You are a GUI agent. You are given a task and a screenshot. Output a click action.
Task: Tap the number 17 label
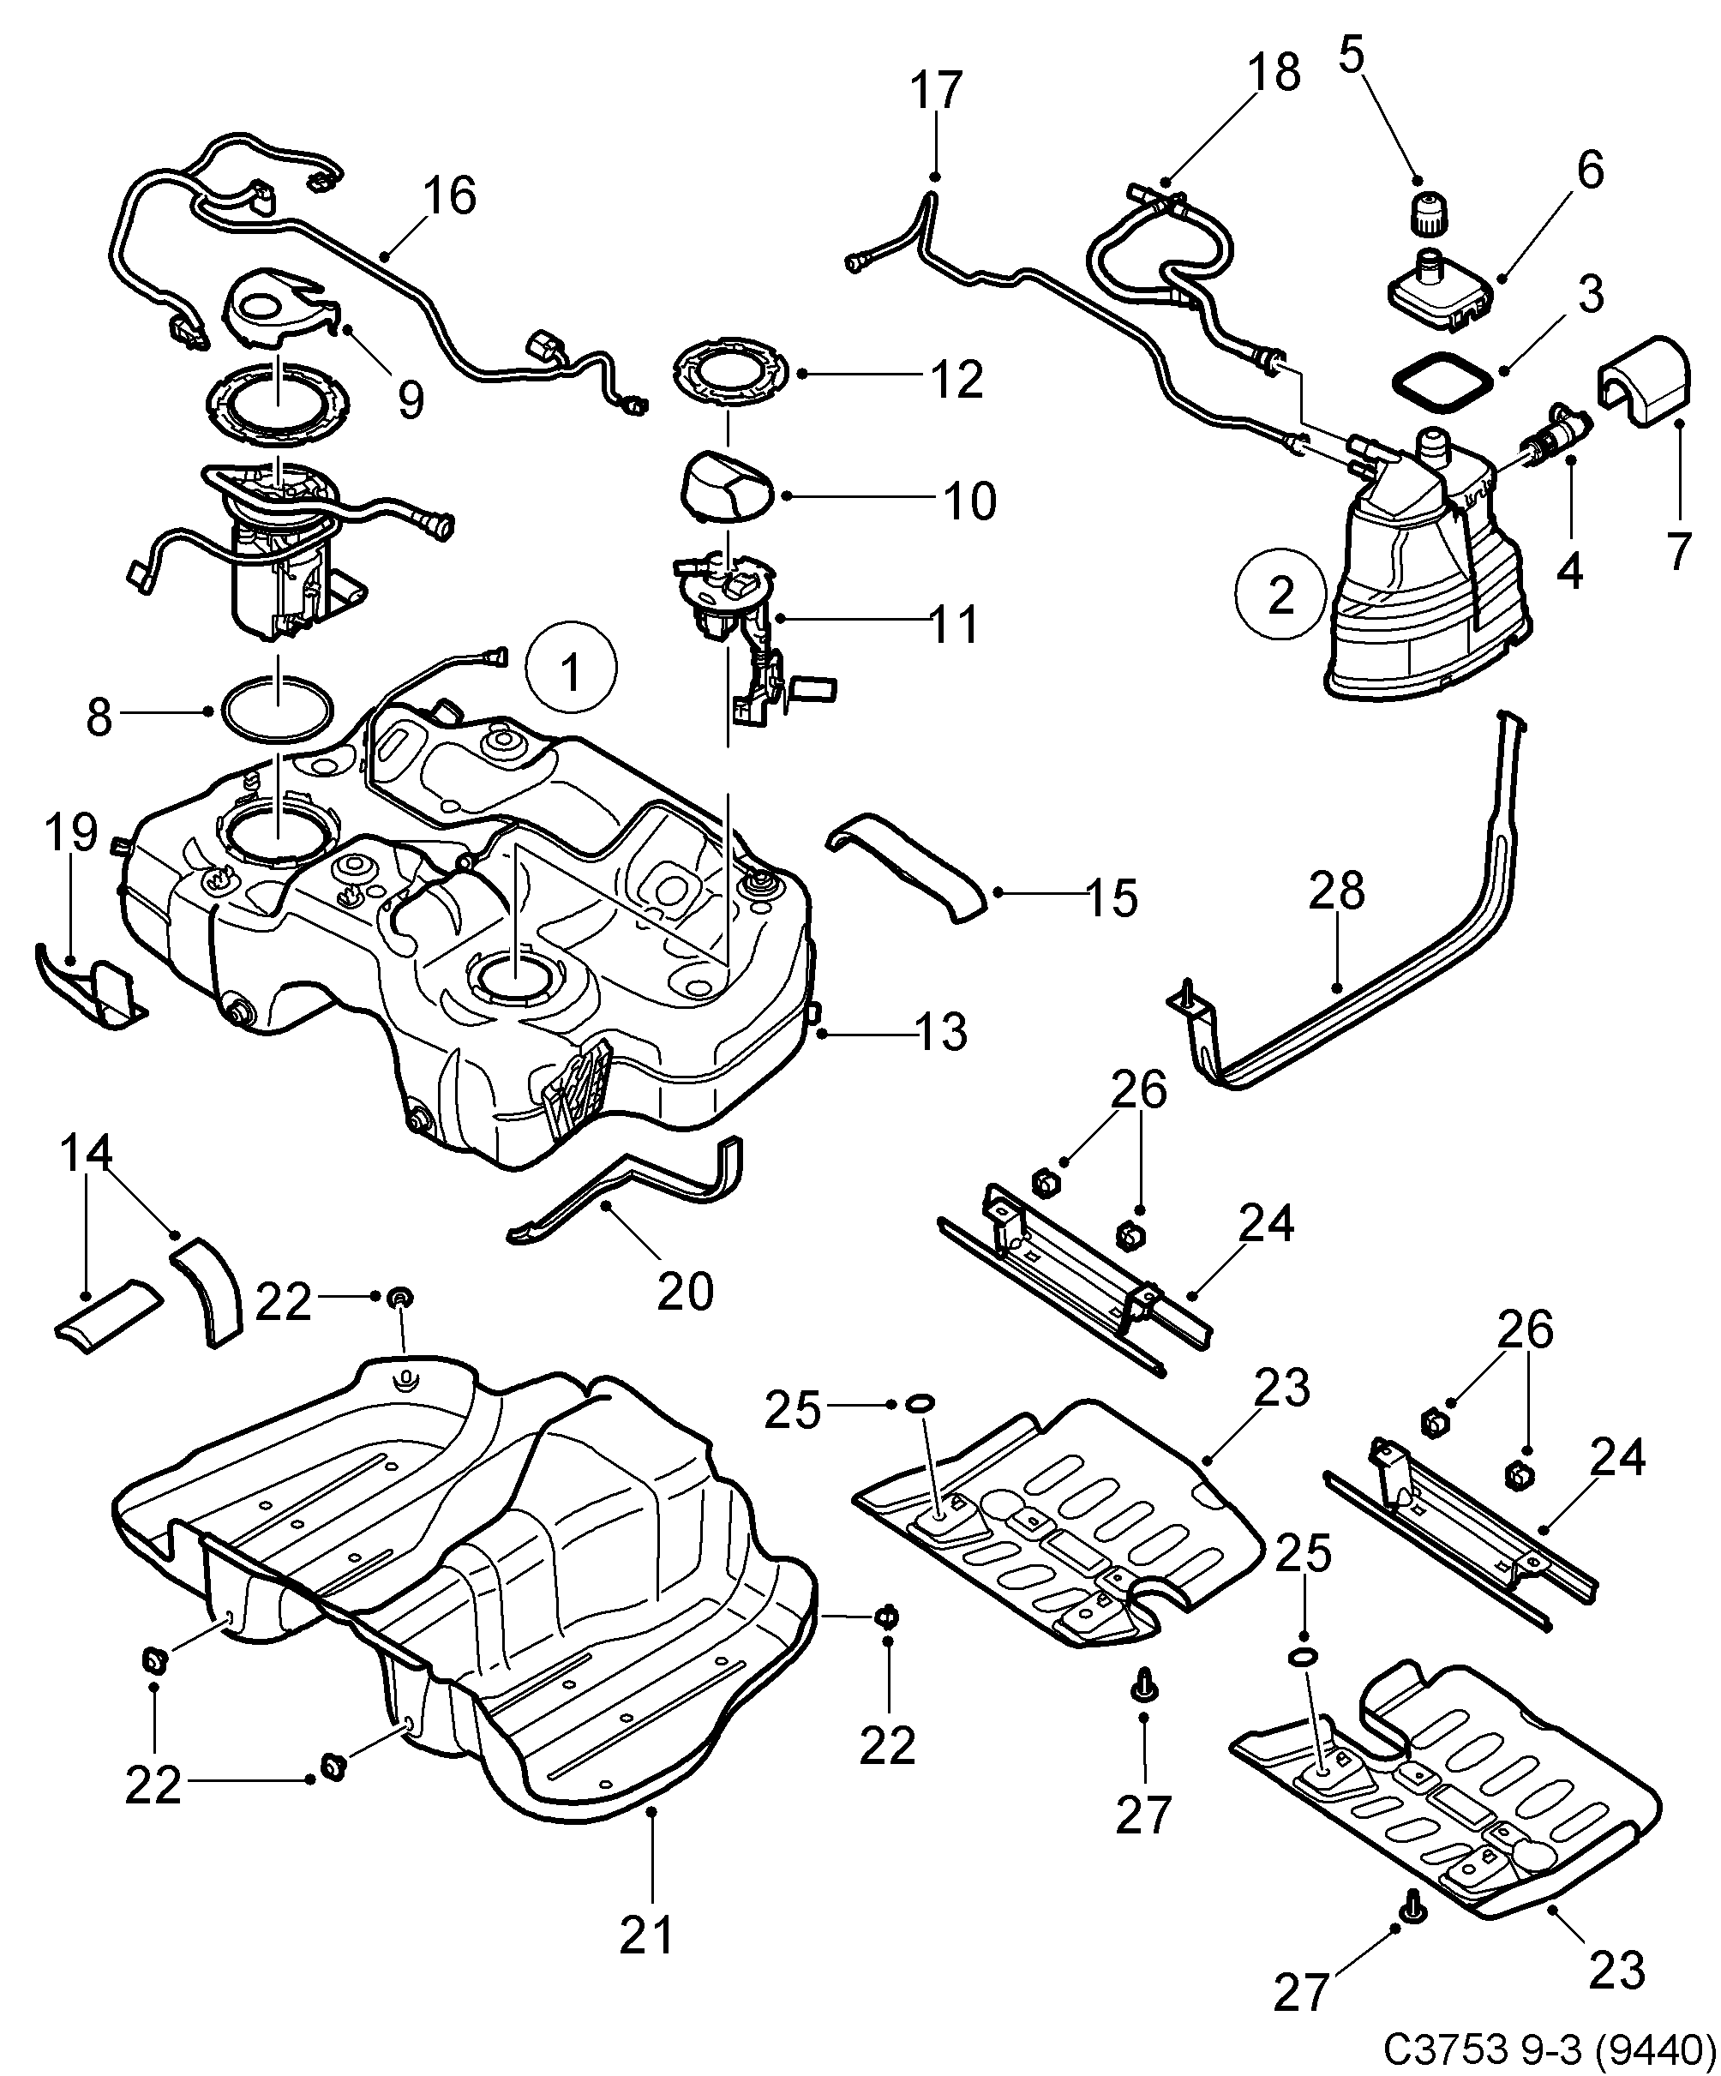coord(935,90)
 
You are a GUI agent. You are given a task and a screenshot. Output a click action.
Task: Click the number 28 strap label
coord(1336,890)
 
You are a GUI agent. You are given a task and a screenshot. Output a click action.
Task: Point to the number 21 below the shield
coord(646,1935)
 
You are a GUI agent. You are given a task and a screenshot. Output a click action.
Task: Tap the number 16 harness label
coord(450,195)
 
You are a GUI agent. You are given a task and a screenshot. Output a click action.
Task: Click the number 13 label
coord(940,1033)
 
